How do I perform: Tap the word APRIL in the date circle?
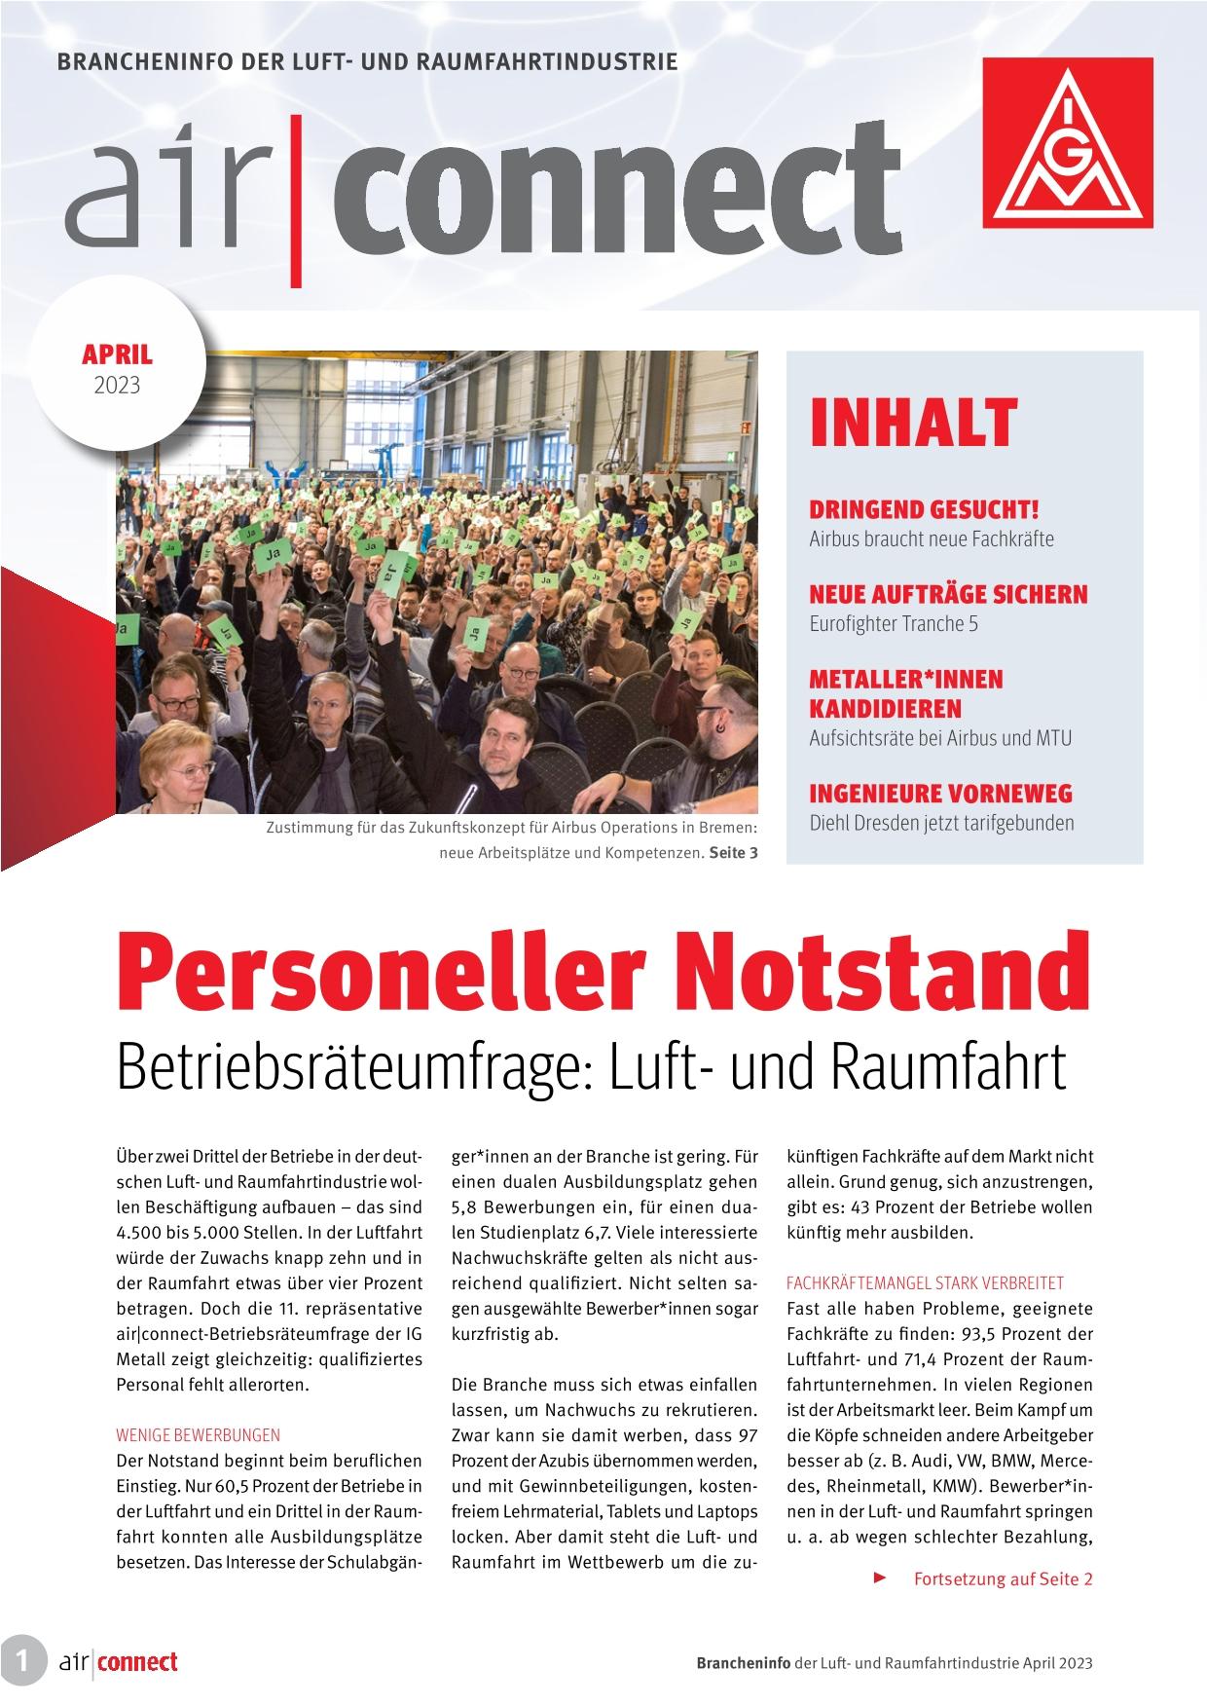117,355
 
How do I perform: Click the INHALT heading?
912,424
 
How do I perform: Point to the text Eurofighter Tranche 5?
893,623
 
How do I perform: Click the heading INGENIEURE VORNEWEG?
940,793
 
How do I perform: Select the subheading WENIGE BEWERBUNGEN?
198,1434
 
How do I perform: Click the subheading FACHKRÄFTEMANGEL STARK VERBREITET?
925,1282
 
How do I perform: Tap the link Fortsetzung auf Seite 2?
1003,1578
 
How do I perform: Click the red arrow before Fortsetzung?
880,1577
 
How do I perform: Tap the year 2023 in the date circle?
117,386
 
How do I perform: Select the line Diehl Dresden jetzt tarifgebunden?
941,823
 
